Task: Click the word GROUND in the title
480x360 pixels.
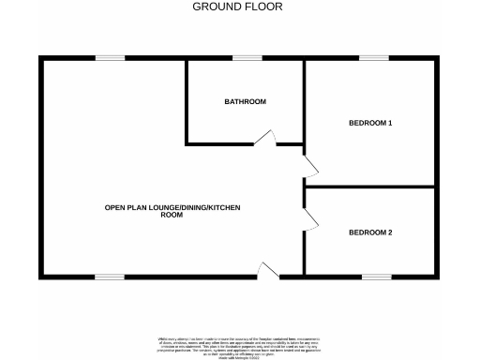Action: pos(215,7)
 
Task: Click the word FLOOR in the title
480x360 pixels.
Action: pos(263,7)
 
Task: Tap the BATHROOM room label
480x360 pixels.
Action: pos(245,101)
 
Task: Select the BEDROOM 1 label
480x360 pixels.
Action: pos(370,123)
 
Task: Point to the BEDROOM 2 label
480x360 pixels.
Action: pos(370,232)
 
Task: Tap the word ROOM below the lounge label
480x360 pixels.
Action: pos(172,216)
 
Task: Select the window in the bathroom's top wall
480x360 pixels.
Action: pos(247,58)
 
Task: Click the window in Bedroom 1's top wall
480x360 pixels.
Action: pos(374,58)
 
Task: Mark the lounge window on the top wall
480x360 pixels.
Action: pos(110,58)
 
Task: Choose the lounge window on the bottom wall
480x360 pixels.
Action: pos(110,277)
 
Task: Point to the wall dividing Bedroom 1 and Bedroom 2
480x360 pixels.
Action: pos(370,187)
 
